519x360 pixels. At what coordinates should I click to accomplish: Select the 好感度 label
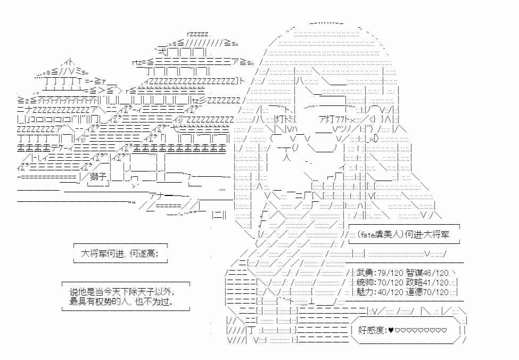(x=374, y=330)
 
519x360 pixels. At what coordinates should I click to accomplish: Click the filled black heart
(x=392, y=330)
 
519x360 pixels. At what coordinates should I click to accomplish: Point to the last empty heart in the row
(x=444, y=330)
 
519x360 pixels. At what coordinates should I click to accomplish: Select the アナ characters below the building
(x=157, y=194)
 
